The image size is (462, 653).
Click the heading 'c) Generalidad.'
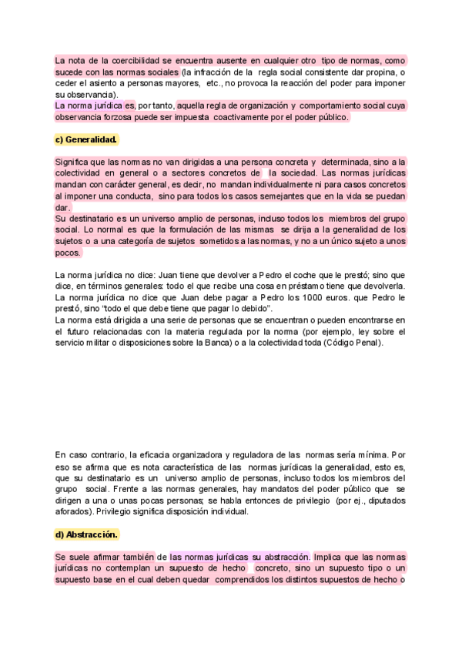pyautogui.click(x=86, y=139)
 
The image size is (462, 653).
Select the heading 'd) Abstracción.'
pyautogui.click(x=86, y=534)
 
